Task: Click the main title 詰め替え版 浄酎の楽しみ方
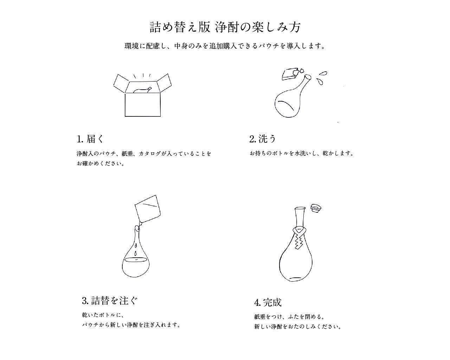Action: coord(225,27)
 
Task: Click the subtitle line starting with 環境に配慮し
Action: coord(225,46)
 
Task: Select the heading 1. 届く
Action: coord(91,139)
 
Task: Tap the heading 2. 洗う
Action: coord(263,139)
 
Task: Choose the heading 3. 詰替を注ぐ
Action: coord(110,301)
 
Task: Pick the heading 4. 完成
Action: coord(268,302)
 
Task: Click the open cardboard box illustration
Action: coord(142,102)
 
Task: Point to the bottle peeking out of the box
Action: coord(142,90)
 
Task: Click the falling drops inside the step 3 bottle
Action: coord(136,248)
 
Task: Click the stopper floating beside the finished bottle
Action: coord(316,208)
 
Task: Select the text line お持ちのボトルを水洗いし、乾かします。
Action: coord(301,154)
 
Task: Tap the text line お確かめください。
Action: coord(101,164)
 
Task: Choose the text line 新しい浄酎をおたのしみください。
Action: coord(298,327)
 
